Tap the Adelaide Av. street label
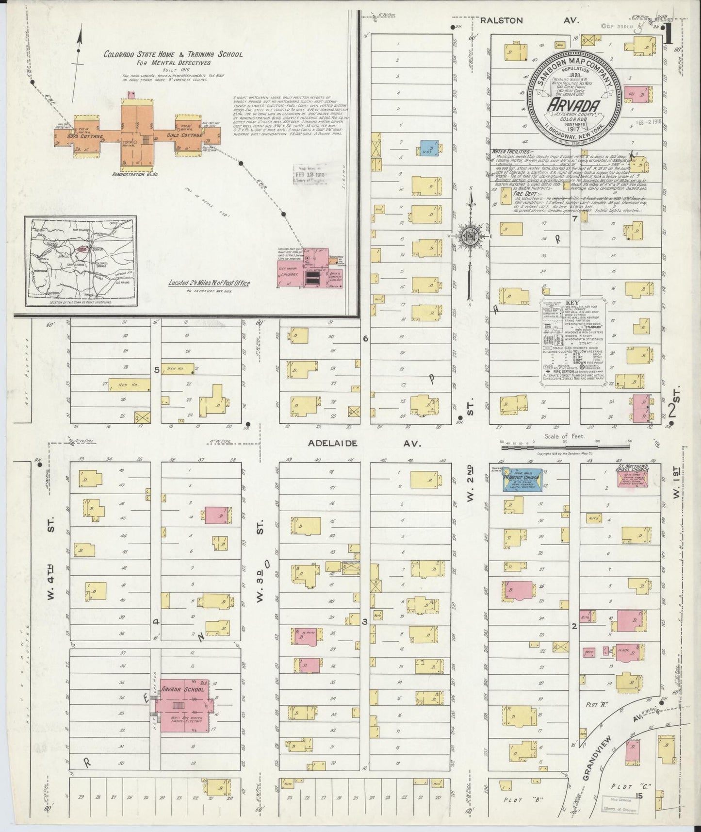[365, 443]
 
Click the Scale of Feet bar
[566, 442]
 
